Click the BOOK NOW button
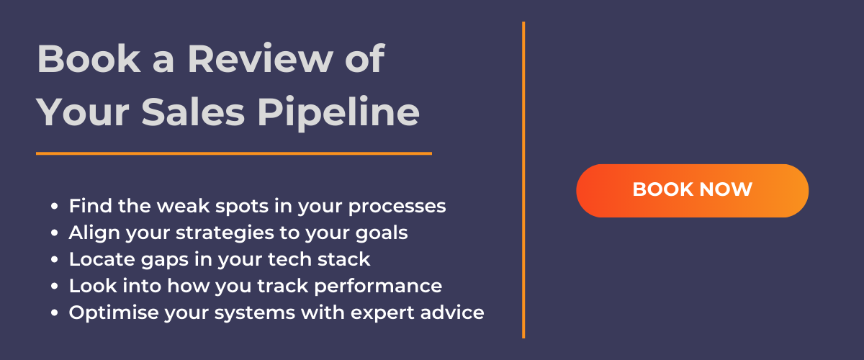coord(692,191)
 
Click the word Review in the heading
coord(260,59)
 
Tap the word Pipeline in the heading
coord(338,112)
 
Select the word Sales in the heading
coord(193,112)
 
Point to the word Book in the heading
coord(89,58)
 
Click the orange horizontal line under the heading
coord(234,153)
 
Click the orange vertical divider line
coord(523,180)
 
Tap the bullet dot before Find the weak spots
coord(55,207)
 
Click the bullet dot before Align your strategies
coord(55,233)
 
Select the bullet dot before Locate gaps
coord(55,260)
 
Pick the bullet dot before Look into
coord(55,287)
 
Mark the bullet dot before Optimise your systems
coord(55,313)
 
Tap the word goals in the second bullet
coord(382,233)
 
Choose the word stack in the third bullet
coord(344,259)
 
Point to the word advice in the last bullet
coord(452,312)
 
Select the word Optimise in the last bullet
coord(114,312)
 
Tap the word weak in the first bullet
coord(183,206)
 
